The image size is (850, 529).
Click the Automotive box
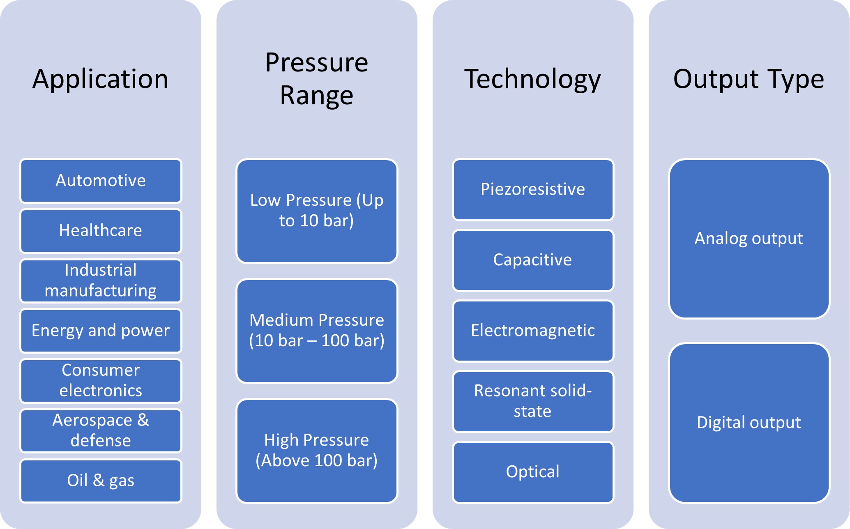coord(101,181)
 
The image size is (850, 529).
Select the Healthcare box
coord(101,231)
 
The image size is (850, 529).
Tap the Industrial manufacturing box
coord(101,281)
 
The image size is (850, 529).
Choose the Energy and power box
coord(101,331)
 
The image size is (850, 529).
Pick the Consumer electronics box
coord(101,381)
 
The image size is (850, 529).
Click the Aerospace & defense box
coord(101,431)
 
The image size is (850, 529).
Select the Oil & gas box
coord(101,481)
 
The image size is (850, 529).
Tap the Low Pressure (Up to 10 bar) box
coord(317,211)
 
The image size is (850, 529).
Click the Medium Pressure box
coord(317,331)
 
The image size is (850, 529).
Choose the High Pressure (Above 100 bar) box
coord(317,451)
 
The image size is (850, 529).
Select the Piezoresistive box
coord(533,190)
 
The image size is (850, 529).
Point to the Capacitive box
coord(533,260)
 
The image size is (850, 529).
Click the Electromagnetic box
coord(533,331)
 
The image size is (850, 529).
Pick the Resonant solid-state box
coord(533,401)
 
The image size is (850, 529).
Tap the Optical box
coord(533,472)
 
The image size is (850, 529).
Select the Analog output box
coord(749,239)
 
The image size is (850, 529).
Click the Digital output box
coord(749,423)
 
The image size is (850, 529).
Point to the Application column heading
coord(101,79)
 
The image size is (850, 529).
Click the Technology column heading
coord(533,79)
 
